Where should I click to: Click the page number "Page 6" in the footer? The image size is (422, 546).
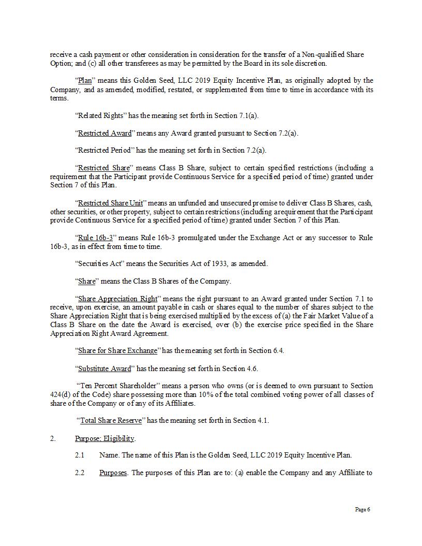point(362,509)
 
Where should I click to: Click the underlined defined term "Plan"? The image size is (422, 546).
point(84,81)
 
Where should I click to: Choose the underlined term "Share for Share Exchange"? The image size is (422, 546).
point(117,350)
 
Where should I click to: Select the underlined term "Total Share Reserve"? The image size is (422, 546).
point(110,420)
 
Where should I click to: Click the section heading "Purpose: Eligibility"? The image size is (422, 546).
point(105,438)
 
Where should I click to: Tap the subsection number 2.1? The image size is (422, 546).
point(79,455)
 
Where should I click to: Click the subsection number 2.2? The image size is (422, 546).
point(79,473)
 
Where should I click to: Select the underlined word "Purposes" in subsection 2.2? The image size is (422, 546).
point(113,473)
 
